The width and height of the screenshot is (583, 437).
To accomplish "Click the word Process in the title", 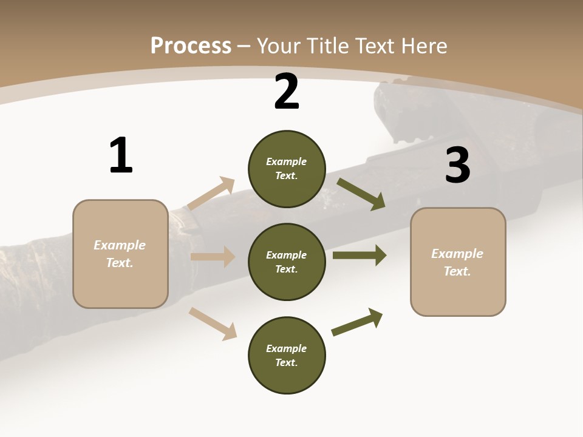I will pos(191,46).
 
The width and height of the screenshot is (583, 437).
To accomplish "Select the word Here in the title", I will pos(423,46).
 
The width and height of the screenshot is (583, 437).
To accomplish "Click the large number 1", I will pos(121,155).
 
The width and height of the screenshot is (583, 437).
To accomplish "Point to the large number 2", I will pos(287,92).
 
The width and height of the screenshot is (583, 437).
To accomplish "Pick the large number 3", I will pos(458,165).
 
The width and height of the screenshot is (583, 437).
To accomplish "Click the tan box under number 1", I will pos(120,254).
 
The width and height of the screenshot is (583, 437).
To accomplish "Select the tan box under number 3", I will pos(458,262).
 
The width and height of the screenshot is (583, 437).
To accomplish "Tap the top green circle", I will pos(287,169).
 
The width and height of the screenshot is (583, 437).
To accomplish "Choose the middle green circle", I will pos(287,262).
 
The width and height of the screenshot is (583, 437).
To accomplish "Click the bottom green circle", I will pos(287,355).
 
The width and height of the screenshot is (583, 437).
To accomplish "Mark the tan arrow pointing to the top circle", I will pos(211,193).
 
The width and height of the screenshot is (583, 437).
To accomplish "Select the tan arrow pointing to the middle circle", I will pos(213,257).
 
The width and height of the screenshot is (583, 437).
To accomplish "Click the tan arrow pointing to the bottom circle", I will pos(213,323).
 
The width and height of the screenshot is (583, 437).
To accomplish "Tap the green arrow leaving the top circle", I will pos(361,194).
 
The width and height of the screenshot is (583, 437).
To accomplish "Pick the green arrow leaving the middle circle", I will pos(360,256).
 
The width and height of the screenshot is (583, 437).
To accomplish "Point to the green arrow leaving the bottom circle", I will pos(357,322).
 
